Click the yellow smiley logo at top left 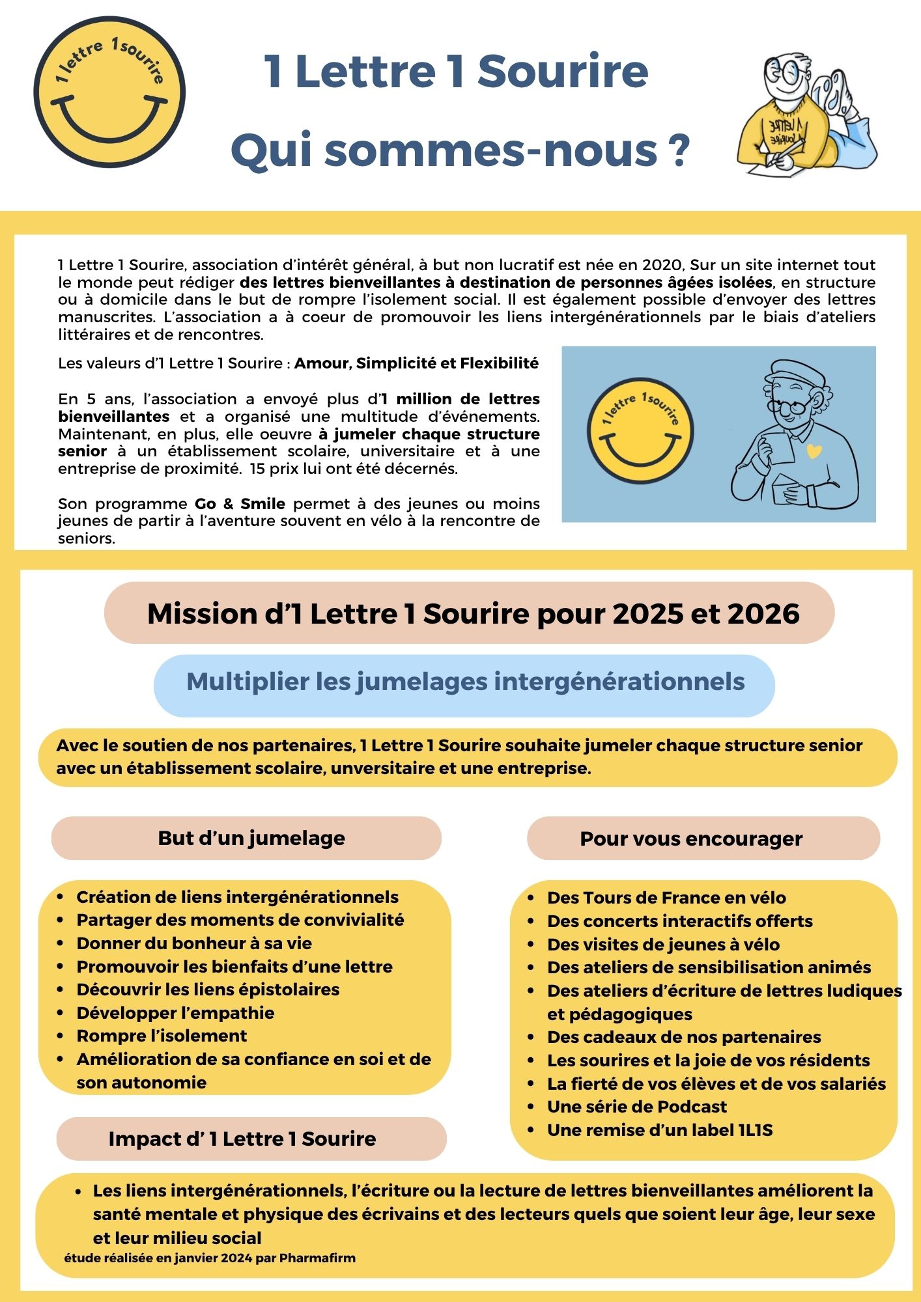(109, 92)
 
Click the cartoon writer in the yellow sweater (804, 117)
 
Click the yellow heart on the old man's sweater (814, 450)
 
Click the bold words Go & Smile (240, 503)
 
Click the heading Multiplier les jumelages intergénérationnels (465, 682)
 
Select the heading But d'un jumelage (251, 838)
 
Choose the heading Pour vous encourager (691, 838)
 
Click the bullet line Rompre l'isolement (162, 1036)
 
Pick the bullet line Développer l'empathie (175, 1013)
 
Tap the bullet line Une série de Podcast (636, 1107)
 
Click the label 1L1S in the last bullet (755, 1130)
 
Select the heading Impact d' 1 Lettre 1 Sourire (242, 1139)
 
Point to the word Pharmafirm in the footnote (317, 1258)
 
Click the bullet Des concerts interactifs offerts (679, 921)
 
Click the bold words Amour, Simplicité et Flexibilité (416, 363)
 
